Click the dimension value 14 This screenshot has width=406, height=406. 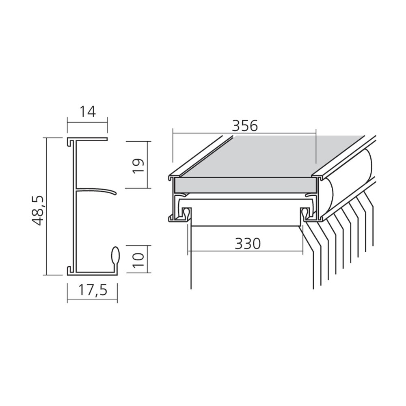click(87, 112)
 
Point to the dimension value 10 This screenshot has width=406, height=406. click(138, 260)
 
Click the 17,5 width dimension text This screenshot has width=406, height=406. click(93, 290)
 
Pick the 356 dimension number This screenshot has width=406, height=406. click(245, 126)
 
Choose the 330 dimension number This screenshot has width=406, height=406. click(248, 244)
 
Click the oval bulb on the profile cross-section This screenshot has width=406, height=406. click(116, 255)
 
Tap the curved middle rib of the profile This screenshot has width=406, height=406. click(96, 191)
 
